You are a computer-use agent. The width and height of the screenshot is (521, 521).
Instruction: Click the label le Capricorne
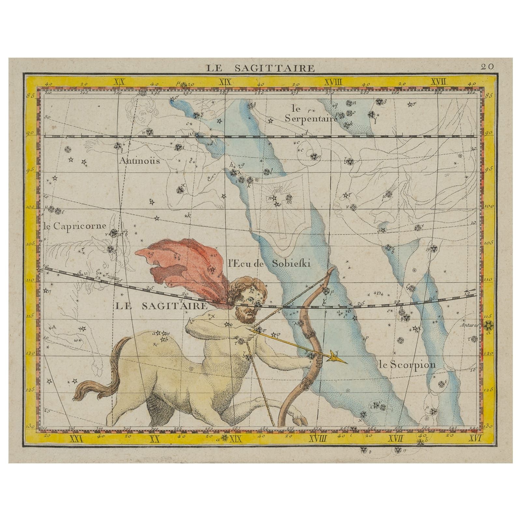tap(75, 226)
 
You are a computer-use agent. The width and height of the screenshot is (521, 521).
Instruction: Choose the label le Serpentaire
tap(309, 113)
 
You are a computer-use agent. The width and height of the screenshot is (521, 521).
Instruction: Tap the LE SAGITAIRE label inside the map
tap(161, 306)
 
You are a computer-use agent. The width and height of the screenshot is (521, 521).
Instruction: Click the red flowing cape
tap(182, 260)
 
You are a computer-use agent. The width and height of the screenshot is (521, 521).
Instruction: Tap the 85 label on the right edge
tap(487, 96)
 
